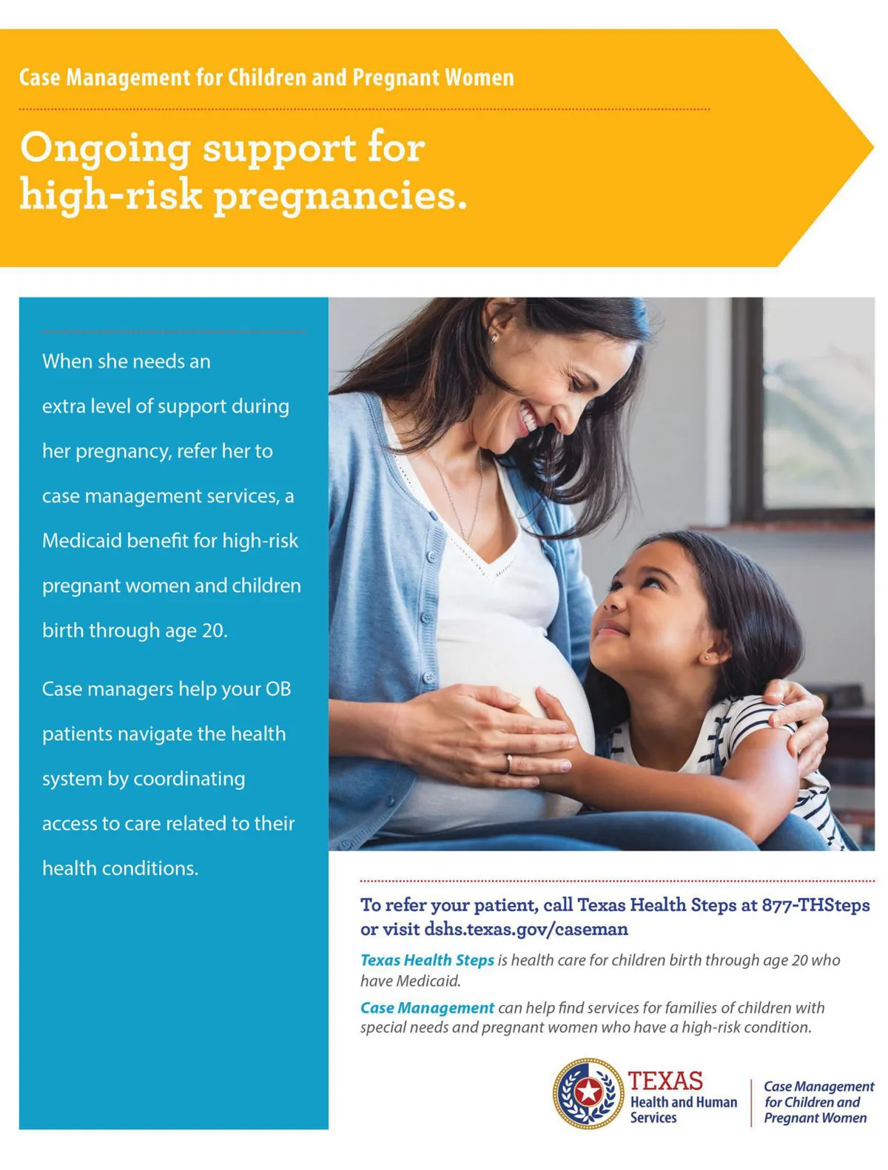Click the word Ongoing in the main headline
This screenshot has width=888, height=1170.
[105, 150]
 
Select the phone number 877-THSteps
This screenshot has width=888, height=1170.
[815, 904]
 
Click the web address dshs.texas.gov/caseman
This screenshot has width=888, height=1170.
[526, 929]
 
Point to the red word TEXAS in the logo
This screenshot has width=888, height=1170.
[665, 1081]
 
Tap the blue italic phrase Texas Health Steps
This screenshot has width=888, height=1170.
[427, 960]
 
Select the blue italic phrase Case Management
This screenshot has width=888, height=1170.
[427, 1007]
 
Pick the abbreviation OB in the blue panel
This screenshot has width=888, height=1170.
[278, 689]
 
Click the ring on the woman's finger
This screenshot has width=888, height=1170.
[509, 762]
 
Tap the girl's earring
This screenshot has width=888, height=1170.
[707, 657]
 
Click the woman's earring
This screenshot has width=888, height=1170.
[494, 339]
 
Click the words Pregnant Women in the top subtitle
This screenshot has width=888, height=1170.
[433, 78]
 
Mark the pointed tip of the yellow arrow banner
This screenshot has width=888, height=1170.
[873, 147]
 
